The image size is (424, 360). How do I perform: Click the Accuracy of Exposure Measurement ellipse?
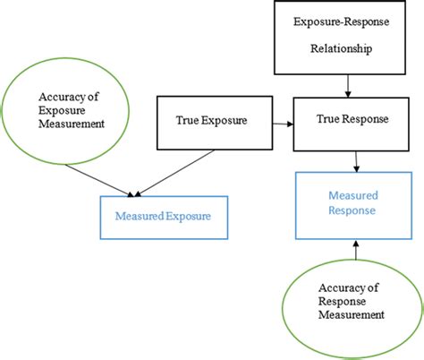(57, 111)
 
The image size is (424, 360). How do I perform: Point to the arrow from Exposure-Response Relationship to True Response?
(347, 84)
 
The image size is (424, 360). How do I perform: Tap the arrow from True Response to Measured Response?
(358, 160)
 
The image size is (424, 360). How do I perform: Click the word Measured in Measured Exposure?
(138, 215)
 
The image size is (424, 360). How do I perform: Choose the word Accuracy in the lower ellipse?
(340, 288)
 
